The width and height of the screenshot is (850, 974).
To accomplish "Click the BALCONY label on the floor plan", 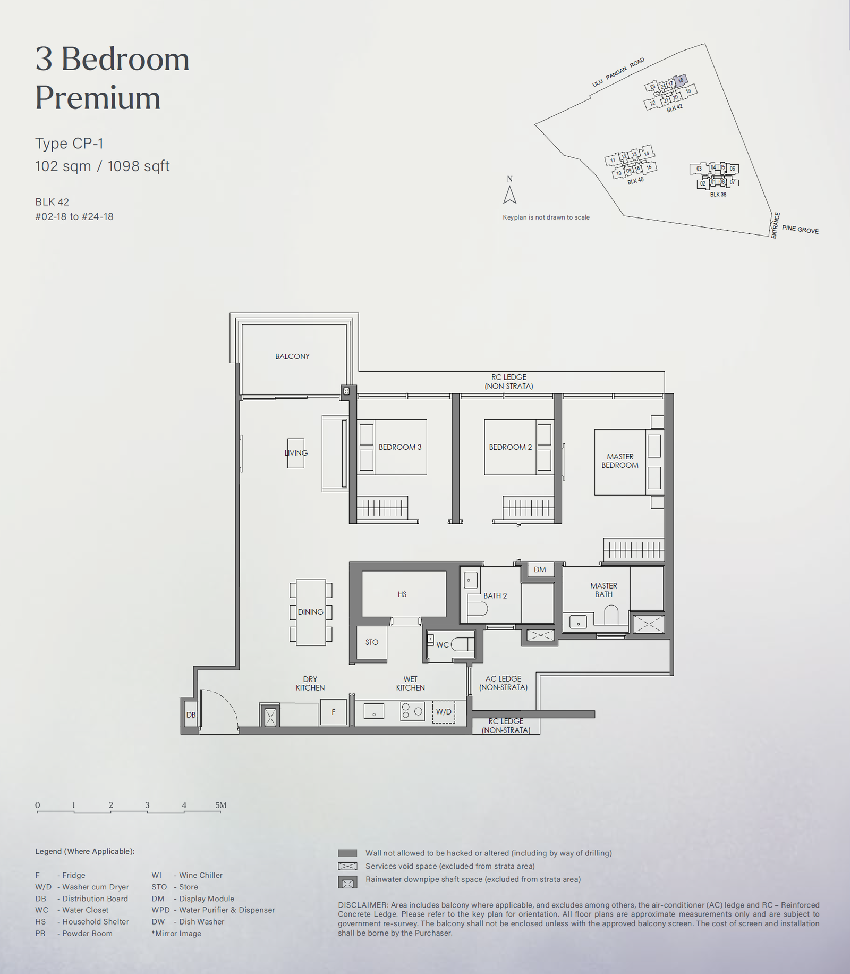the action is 292,356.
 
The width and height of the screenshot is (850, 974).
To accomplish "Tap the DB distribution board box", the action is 191,715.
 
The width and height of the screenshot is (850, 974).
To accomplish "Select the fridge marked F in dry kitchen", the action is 334,712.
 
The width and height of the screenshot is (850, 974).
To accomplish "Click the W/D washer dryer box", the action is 444,712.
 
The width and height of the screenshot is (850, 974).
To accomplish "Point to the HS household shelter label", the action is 402,594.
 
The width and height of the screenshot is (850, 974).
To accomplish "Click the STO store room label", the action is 372,642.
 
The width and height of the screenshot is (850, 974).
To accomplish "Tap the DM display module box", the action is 540,569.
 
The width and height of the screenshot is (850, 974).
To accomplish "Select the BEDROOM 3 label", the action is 400,447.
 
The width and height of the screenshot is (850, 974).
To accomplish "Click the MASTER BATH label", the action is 603,590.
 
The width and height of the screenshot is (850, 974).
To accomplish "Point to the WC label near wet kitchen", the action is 443,645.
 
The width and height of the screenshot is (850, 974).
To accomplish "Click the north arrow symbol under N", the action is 509,195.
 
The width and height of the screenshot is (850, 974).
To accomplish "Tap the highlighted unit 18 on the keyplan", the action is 681,81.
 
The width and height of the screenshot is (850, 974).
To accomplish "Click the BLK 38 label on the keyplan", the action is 718,195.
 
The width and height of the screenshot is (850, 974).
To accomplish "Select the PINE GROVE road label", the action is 800,229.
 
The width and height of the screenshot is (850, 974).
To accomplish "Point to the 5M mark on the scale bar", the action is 220,805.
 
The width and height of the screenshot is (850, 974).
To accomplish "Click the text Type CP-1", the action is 69,144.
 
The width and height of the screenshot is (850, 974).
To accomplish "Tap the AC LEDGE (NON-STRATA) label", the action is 503,683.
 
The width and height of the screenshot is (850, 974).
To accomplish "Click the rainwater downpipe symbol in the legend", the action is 347,883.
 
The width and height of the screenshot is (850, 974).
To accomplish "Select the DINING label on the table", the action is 311,612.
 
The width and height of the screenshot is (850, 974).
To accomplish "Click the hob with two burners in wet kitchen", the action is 412,711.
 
